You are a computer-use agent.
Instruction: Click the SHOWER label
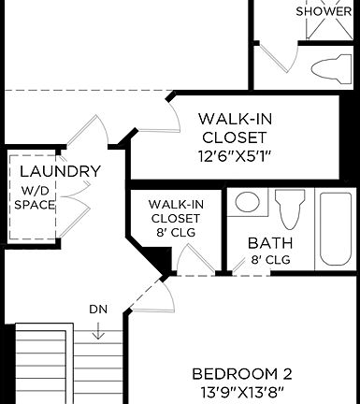click(324, 11)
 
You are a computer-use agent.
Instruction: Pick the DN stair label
click(98, 309)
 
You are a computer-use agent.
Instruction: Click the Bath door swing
click(249, 263)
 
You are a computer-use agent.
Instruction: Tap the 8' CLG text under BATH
click(270, 260)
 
